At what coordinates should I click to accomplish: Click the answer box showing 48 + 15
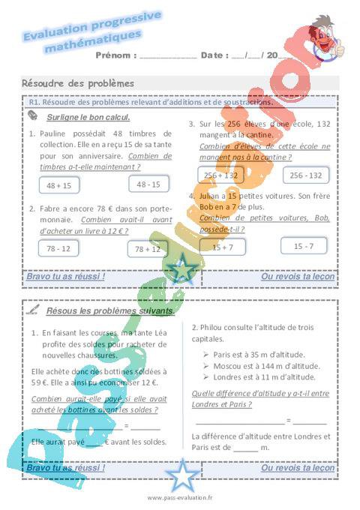coord(58,185)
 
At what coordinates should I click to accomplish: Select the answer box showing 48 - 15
coord(148,183)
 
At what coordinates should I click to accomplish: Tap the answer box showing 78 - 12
coord(58,248)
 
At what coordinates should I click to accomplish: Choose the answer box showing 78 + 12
coord(148,249)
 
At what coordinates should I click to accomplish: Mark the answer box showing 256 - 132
coord(305,175)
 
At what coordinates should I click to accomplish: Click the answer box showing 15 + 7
coord(222,247)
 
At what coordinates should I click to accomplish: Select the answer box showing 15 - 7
coord(304,245)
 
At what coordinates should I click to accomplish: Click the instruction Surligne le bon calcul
coord(88,117)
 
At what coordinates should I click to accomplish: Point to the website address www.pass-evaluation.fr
coord(180,497)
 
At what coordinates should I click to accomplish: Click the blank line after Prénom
coord(168,55)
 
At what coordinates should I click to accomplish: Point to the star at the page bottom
coord(180,474)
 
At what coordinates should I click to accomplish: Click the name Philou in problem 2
coord(212,328)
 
